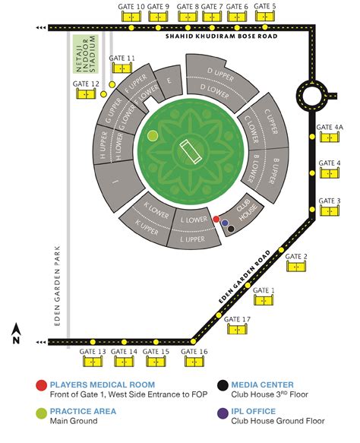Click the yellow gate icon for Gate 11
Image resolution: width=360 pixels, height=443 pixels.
click(x=122, y=68)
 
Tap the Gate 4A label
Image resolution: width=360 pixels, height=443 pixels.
click(x=330, y=128)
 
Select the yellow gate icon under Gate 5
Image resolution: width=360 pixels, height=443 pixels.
click(x=265, y=16)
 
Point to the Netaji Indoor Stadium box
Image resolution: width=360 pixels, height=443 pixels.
click(x=86, y=54)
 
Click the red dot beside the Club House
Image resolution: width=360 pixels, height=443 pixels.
click(x=216, y=219)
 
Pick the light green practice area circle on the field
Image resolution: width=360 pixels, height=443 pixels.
click(x=153, y=136)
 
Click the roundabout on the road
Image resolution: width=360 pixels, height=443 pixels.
click(x=312, y=96)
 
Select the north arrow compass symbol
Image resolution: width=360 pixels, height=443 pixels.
click(x=17, y=334)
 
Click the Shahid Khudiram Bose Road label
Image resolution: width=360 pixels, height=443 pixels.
click(x=221, y=36)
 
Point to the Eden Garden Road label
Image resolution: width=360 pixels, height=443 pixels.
click(x=245, y=277)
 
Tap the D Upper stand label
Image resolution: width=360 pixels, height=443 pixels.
click(x=220, y=74)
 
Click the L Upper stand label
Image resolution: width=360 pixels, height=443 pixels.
click(x=193, y=239)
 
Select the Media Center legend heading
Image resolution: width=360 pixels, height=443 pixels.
click(x=262, y=384)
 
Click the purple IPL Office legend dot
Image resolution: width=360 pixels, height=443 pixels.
click(x=223, y=413)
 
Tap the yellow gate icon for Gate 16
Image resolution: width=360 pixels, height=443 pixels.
click(x=194, y=362)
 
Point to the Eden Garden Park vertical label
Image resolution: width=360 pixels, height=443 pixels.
click(x=57, y=286)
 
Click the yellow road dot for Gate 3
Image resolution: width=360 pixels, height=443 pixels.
click(x=312, y=210)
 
